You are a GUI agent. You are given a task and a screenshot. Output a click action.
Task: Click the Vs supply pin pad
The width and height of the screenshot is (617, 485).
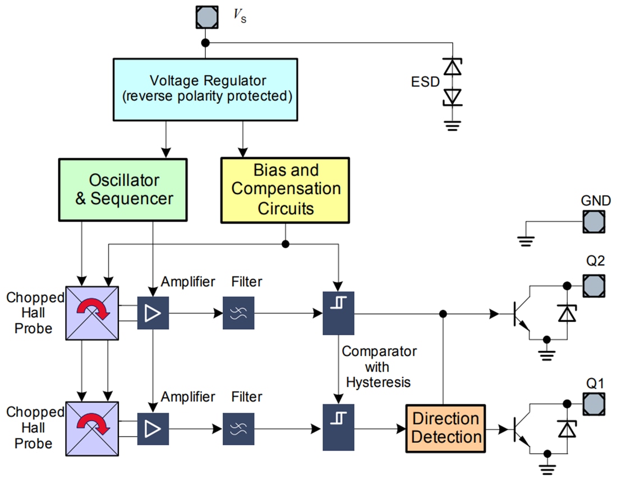[206, 17]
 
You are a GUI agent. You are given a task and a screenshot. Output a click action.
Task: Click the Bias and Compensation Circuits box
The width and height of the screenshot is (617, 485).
[285, 190]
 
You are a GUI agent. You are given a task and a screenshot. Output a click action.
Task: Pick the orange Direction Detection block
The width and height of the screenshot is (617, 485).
[446, 428]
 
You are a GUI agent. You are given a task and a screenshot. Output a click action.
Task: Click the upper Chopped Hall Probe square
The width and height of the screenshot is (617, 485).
[93, 313]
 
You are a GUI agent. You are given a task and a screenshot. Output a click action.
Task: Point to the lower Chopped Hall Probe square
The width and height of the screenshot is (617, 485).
[93, 428]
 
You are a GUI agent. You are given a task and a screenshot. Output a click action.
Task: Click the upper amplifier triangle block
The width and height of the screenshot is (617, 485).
[153, 313]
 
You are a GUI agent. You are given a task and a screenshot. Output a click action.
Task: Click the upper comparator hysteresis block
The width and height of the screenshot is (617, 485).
[338, 313]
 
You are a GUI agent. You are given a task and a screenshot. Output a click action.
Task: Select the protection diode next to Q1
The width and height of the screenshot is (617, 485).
[566, 429]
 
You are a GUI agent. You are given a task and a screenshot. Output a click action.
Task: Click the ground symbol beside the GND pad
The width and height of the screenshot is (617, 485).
[526, 239]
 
